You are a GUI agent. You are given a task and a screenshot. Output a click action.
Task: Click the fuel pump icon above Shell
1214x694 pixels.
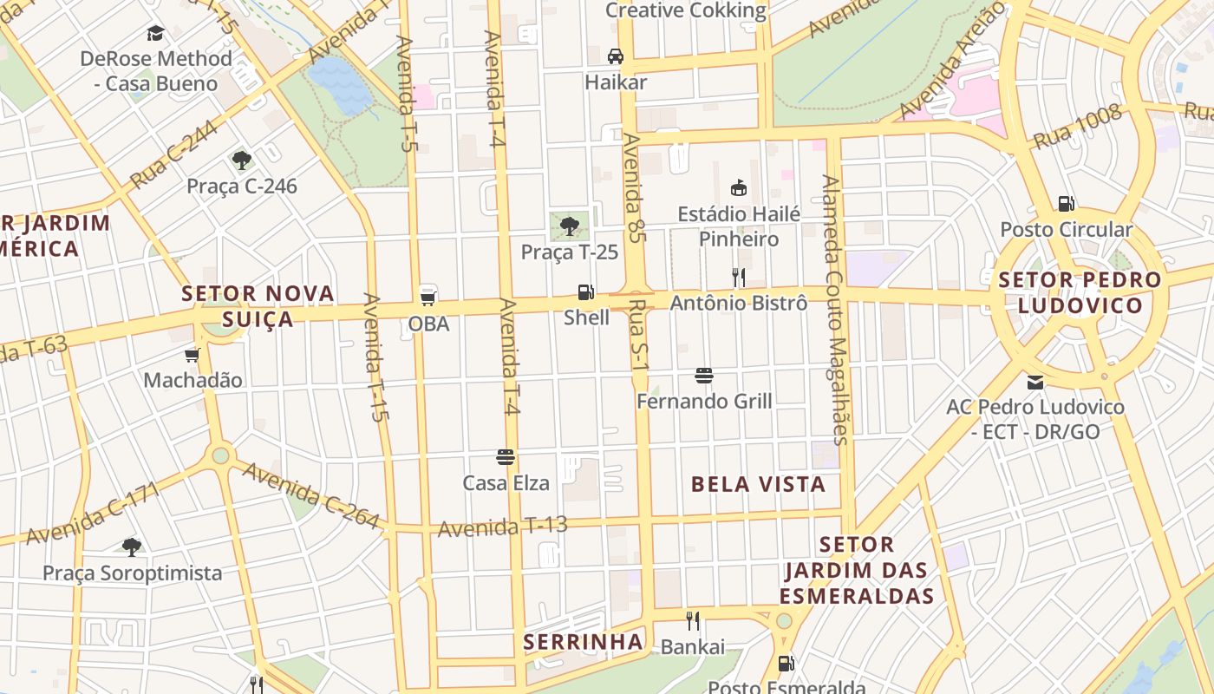coord(586,292)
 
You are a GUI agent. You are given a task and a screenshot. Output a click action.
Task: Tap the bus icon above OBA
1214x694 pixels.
coord(428,297)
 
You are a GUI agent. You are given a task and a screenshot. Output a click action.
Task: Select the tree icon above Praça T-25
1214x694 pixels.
coord(569,226)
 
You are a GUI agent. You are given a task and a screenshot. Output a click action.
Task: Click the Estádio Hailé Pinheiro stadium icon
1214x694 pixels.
coord(739,187)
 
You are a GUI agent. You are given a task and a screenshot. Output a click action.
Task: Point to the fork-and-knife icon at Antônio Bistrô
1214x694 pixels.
coord(739,278)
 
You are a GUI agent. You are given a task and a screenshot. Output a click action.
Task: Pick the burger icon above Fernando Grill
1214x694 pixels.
coord(703,376)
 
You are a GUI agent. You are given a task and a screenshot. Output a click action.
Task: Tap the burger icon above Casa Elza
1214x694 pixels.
coord(506,457)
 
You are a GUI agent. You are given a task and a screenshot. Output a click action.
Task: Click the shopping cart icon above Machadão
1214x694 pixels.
coord(192,355)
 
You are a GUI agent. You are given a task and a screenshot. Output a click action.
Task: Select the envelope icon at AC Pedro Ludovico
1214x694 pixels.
coord(1035,382)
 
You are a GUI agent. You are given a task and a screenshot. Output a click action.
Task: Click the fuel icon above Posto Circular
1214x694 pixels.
coord(1066,204)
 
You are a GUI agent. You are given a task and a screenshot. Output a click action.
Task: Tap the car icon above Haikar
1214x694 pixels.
coord(615,56)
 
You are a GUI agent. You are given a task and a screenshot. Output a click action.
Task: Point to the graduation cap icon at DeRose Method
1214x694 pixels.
coord(155,33)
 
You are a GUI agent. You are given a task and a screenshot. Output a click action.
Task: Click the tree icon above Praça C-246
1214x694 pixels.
coord(241,160)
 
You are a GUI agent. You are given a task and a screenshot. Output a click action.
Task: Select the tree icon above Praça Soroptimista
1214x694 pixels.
coord(132,547)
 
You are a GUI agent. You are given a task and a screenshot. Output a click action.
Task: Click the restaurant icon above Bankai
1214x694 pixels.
coord(692,621)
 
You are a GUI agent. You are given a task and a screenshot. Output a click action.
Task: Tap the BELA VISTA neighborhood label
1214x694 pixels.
coord(758,484)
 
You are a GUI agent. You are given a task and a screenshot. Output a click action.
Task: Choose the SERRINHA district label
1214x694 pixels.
coord(584,642)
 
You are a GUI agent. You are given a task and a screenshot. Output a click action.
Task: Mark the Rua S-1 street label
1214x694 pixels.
coord(640,333)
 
